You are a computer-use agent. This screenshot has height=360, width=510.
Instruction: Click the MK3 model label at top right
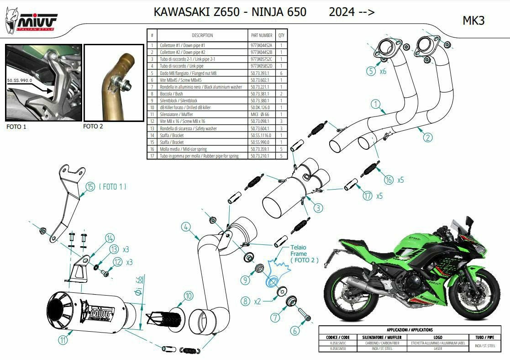coord(473,21)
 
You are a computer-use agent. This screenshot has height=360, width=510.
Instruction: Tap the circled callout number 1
coord(376,105)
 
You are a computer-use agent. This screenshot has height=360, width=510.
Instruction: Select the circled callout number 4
coord(185,226)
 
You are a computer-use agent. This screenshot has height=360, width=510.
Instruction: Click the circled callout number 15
coord(90,187)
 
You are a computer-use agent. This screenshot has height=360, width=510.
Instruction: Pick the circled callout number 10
coord(188,296)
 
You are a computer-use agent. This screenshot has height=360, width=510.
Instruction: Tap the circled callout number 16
coord(389,180)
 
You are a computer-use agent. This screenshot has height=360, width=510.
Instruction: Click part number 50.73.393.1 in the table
coord(260,73)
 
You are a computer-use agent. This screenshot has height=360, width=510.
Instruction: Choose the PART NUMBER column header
coord(262,35)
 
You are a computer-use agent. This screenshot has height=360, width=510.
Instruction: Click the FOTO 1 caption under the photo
coord(16,127)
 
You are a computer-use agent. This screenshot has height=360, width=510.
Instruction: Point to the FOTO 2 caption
coord(93,127)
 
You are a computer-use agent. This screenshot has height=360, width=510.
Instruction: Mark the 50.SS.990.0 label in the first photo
coord(20,80)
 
